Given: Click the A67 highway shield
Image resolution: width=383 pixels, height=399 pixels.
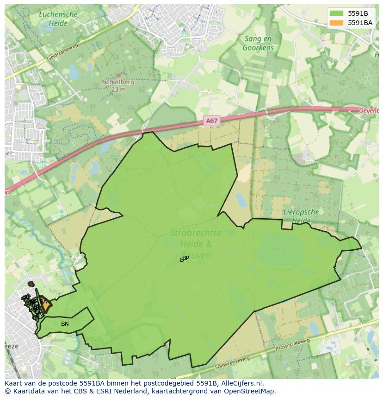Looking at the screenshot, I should pos(211,121).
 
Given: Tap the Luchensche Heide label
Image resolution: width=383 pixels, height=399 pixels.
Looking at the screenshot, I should pos(58,19).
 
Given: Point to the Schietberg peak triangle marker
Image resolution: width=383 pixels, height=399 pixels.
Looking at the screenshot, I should pos(118,76).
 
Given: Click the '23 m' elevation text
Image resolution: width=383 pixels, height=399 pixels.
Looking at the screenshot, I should pos(118,89).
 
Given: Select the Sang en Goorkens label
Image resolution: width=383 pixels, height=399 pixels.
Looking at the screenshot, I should pos(258,43).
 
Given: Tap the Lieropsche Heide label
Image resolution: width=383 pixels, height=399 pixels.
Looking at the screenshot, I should pos(301,216).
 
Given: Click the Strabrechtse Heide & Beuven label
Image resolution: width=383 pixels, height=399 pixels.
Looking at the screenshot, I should pos(196,244).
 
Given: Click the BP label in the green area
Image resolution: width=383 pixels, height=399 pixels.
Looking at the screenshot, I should pos(185,258).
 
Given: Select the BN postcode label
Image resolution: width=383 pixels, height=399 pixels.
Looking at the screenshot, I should pos(65,324).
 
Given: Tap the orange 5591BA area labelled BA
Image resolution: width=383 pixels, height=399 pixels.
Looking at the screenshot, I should pos(43,302).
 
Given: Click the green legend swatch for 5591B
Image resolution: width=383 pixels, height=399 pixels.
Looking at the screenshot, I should pos(336,13).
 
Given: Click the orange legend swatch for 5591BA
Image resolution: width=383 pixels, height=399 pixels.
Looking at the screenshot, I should pos(336,23).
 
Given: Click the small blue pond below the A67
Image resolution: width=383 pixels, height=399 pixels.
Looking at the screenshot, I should pos(241,200).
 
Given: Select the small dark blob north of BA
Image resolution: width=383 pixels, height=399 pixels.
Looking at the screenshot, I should pos(31,284).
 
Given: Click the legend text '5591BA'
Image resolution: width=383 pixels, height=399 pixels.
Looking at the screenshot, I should pos(360,23).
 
